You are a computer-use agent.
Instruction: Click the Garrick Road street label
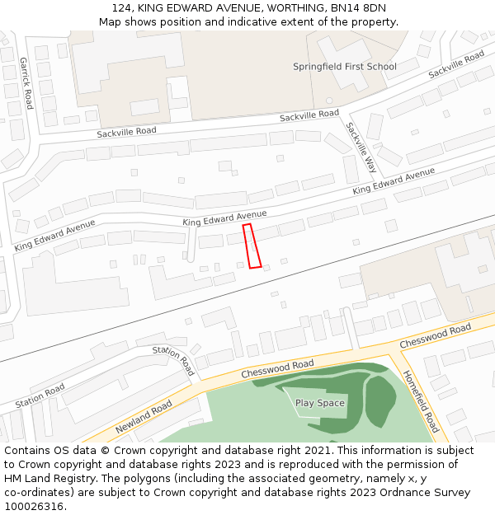click(26, 83)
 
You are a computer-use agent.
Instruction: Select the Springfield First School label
click(345, 67)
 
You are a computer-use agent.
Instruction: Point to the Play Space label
click(320, 403)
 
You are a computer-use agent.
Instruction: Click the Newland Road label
click(144, 417)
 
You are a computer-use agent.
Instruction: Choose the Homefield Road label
click(421, 401)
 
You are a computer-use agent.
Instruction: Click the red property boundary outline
click(252, 246)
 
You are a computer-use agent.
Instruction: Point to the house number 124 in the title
click(120, 8)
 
